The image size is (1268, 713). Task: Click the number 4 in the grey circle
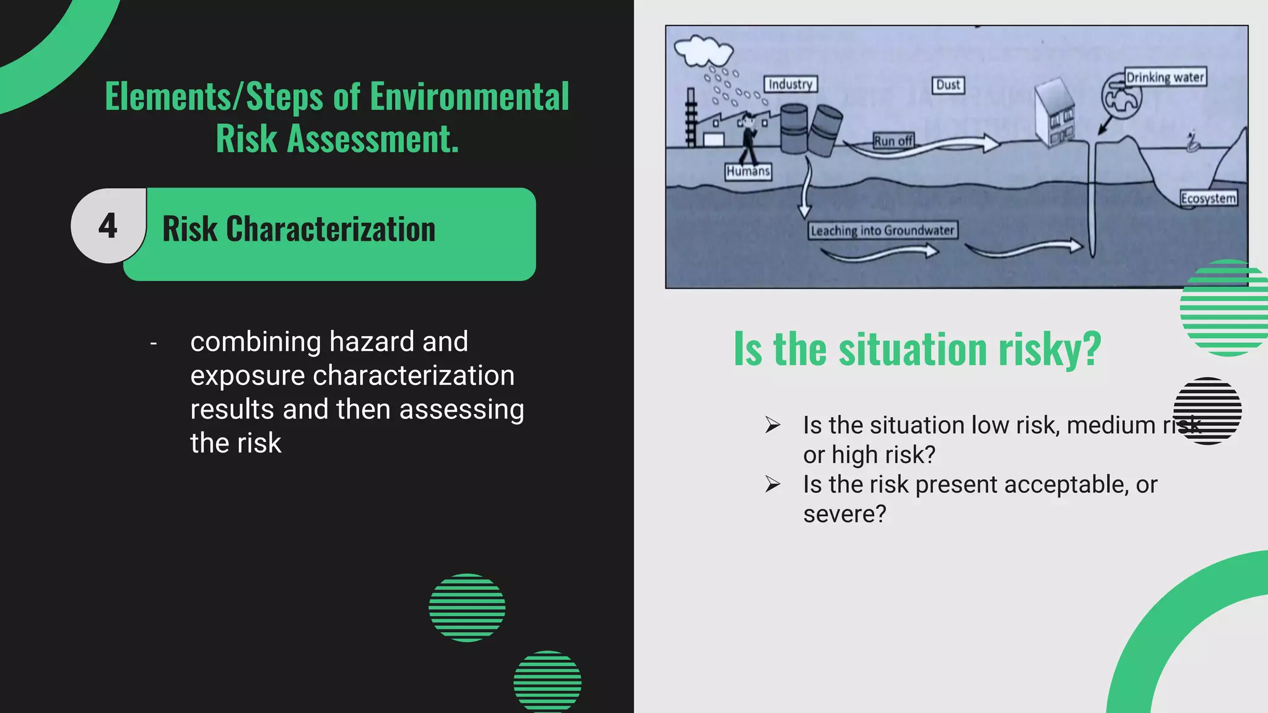click(x=108, y=226)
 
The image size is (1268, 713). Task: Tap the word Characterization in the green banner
click(x=331, y=229)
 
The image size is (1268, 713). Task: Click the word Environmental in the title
click(x=469, y=97)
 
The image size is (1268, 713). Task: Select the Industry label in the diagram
click(x=791, y=84)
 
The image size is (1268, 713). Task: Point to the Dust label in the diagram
click(x=948, y=85)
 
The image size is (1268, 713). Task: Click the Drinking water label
click(x=1165, y=77)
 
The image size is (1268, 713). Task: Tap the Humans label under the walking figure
click(x=748, y=171)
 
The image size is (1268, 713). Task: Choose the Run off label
click(x=893, y=141)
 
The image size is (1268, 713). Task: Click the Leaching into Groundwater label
click(x=882, y=231)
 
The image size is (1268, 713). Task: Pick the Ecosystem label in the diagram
click(x=1208, y=199)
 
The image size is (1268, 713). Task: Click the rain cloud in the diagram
click(x=703, y=50)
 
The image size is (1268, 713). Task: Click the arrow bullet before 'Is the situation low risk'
click(x=773, y=425)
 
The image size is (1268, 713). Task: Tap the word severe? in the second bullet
click(x=845, y=514)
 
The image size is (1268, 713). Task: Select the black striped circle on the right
click(x=1207, y=411)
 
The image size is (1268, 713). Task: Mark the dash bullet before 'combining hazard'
click(x=154, y=343)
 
